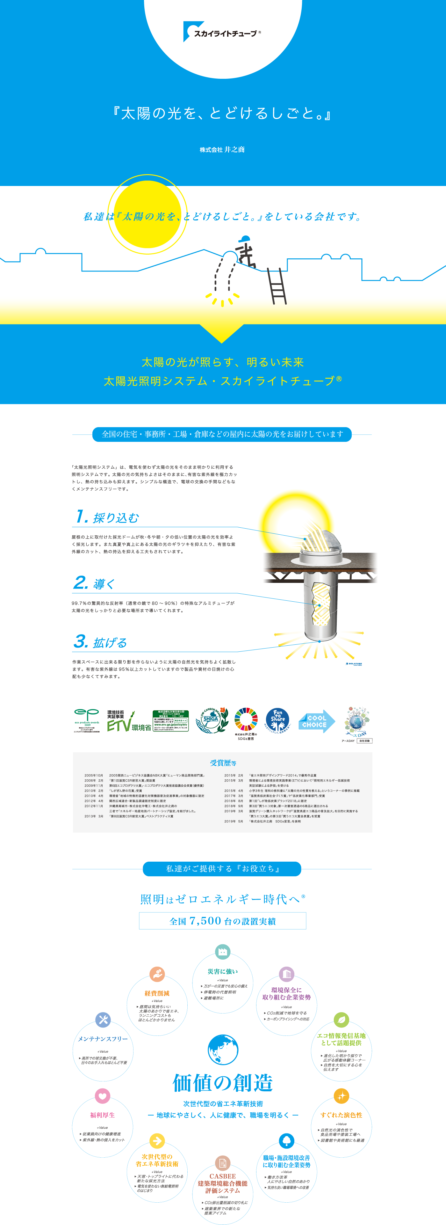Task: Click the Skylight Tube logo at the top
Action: pos(222,32)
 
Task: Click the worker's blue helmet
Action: pos(245,239)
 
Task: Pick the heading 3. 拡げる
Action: pos(100,642)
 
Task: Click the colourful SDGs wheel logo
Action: pos(246,719)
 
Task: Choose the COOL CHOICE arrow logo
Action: pos(316,721)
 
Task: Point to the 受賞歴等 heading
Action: pos(223,763)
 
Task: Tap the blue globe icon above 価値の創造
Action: pos(223,1050)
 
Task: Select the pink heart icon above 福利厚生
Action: pos(103,1096)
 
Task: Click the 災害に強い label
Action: pos(222,971)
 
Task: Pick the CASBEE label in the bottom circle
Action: pos(222,1176)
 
